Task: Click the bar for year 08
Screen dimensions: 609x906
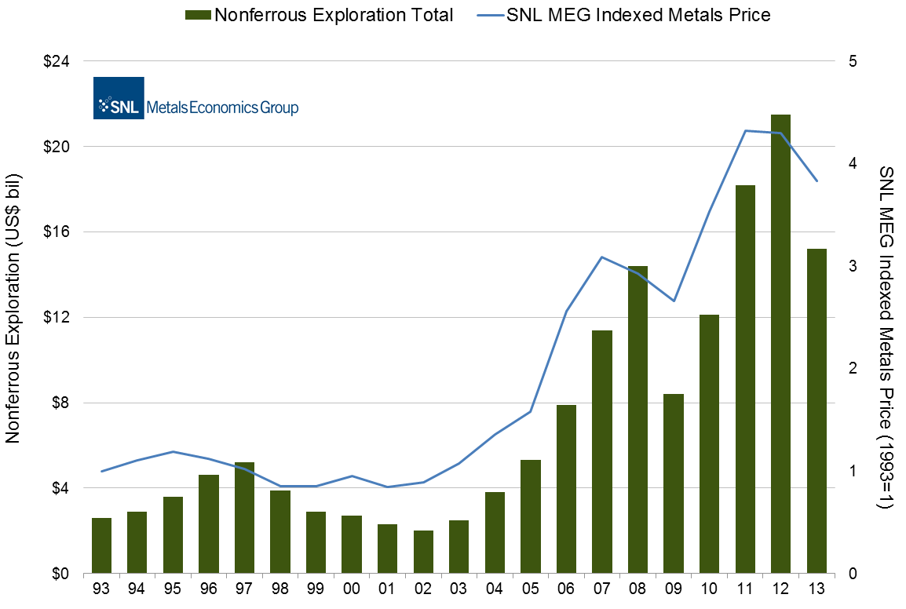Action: [637, 420]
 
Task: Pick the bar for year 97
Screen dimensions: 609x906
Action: [244, 518]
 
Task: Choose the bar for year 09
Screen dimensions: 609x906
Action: [674, 483]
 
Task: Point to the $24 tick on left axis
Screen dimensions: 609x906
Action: [54, 61]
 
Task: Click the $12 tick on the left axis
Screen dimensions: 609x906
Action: [54, 318]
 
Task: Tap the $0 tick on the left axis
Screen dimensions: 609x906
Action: [58, 574]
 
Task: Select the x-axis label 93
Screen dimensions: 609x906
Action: [101, 590]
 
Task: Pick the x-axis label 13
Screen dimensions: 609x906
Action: [816, 590]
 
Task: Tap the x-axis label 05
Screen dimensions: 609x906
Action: [530, 590]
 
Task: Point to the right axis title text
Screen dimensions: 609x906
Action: [886, 337]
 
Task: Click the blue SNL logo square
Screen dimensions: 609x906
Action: [119, 98]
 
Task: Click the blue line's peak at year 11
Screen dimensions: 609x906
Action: [745, 130]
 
